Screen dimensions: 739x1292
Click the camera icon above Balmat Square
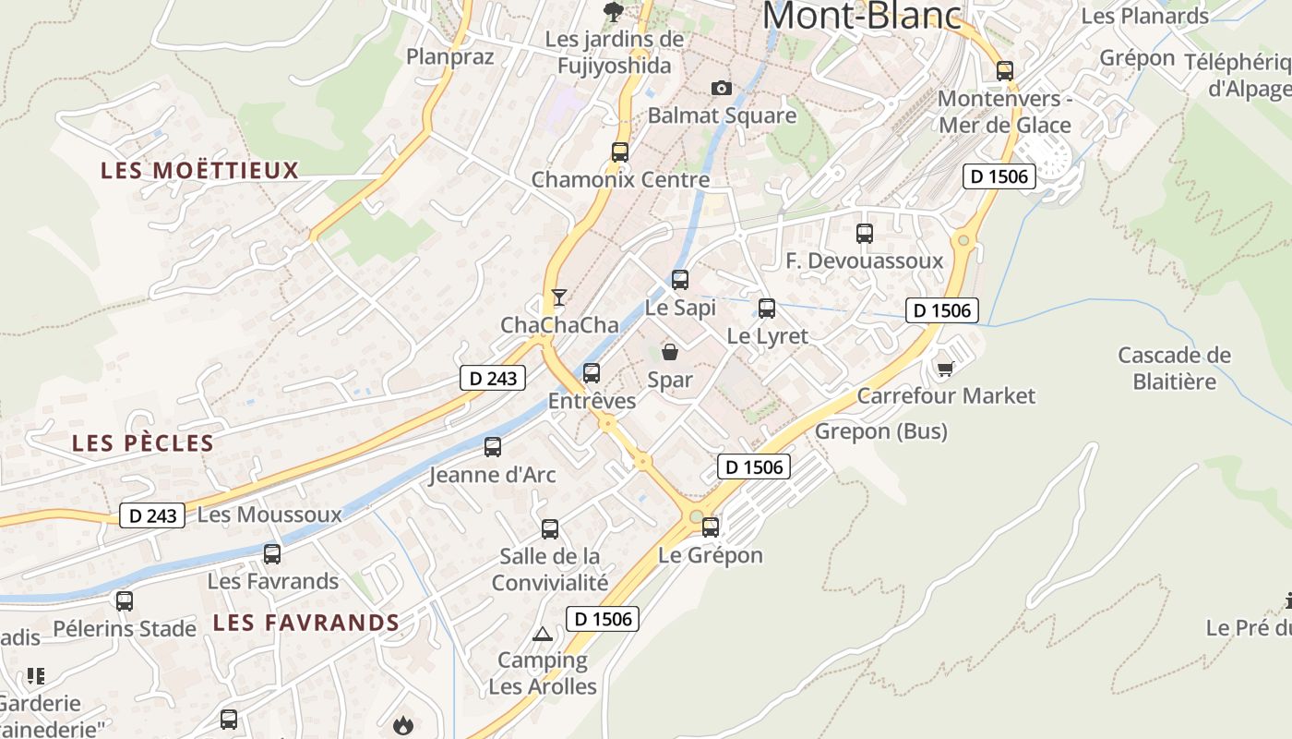(x=722, y=88)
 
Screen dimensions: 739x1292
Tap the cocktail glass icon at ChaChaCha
(x=558, y=297)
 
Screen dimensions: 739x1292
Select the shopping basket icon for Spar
(x=670, y=352)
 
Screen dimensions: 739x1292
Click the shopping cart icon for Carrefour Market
(x=945, y=369)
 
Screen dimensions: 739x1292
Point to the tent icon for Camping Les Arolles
(x=543, y=634)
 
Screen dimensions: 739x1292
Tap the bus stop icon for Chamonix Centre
(x=620, y=152)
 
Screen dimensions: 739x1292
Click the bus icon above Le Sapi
(x=680, y=279)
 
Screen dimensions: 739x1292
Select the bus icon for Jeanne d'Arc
(x=493, y=447)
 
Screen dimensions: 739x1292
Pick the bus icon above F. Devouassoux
(x=865, y=234)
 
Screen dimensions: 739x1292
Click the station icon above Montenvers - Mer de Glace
(x=1005, y=70)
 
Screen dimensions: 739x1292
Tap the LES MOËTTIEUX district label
(x=200, y=170)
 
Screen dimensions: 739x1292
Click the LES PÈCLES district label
(x=143, y=443)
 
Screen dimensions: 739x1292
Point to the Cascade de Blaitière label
(x=1174, y=368)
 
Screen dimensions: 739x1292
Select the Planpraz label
(x=450, y=56)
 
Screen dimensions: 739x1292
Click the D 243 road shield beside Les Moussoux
(x=152, y=515)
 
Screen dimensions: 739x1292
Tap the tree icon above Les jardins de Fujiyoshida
(x=612, y=11)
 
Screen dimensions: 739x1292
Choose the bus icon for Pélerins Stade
(x=125, y=601)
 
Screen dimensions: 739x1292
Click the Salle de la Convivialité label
(x=550, y=569)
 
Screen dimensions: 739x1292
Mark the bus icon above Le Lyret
(x=767, y=309)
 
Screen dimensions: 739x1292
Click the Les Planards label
(x=1144, y=16)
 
